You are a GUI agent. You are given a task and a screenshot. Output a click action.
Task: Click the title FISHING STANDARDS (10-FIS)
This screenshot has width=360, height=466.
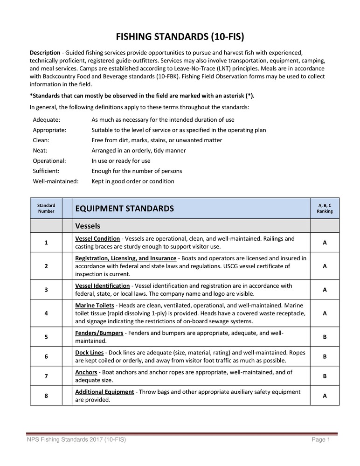(x=180, y=36)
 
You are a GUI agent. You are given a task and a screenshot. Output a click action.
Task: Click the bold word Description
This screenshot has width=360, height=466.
(x=45, y=53)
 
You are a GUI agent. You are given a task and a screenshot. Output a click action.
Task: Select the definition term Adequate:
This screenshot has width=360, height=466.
(x=46, y=120)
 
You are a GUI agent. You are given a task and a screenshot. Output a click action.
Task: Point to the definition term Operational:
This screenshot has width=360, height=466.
(x=49, y=161)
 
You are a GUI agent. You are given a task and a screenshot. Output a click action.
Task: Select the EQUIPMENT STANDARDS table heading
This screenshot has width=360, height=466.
(x=124, y=209)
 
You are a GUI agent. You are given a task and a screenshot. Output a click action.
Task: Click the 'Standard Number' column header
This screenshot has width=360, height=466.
(x=46, y=208)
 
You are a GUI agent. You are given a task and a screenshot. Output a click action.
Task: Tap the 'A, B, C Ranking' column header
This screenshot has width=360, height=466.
(x=325, y=208)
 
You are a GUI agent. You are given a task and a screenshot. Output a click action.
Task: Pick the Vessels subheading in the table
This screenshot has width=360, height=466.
(x=88, y=226)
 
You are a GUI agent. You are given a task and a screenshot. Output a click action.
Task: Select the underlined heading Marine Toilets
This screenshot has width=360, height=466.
(x=94, y=305)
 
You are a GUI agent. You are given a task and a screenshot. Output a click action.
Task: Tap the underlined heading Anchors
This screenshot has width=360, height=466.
(x=85, y=372)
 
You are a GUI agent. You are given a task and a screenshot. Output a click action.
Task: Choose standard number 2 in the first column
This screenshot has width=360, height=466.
(x=46, y=266)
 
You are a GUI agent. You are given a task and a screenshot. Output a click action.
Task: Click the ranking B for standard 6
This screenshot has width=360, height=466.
(x=325, y=357)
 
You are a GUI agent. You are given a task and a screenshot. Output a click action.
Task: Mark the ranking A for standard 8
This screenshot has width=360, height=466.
(x=325, y=396)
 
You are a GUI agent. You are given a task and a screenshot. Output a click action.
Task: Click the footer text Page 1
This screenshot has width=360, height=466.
(x=321, y=440)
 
